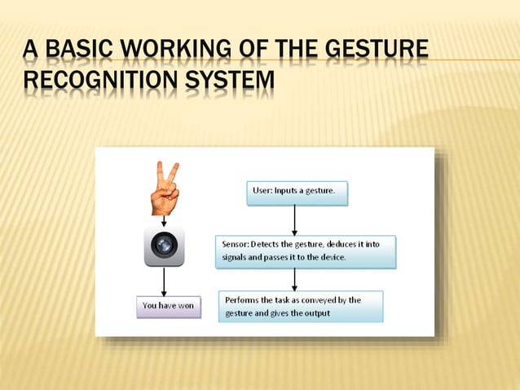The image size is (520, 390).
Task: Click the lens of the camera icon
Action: click(165, 245)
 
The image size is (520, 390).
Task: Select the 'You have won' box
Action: click(168, 306)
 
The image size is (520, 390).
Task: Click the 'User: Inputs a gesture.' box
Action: click(297, 193)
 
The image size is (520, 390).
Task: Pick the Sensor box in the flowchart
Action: click(306, 251)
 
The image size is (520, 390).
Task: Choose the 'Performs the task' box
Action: click(301, 307)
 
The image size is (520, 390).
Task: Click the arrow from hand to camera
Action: click(165, 221)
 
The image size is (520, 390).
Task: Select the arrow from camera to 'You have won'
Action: click(165, 281)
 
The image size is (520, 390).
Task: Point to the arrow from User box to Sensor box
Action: click(294, 220)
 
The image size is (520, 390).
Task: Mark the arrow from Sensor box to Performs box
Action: click(294, 278)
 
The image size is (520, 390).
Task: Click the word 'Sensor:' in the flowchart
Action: click(236, 244)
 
